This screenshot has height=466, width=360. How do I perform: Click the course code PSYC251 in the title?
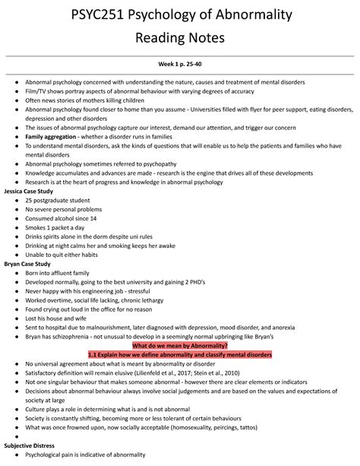[x=112, y=14]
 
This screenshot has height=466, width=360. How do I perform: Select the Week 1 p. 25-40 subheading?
[x=179, y=66]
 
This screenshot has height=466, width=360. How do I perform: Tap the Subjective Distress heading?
[x=33, y=444]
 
